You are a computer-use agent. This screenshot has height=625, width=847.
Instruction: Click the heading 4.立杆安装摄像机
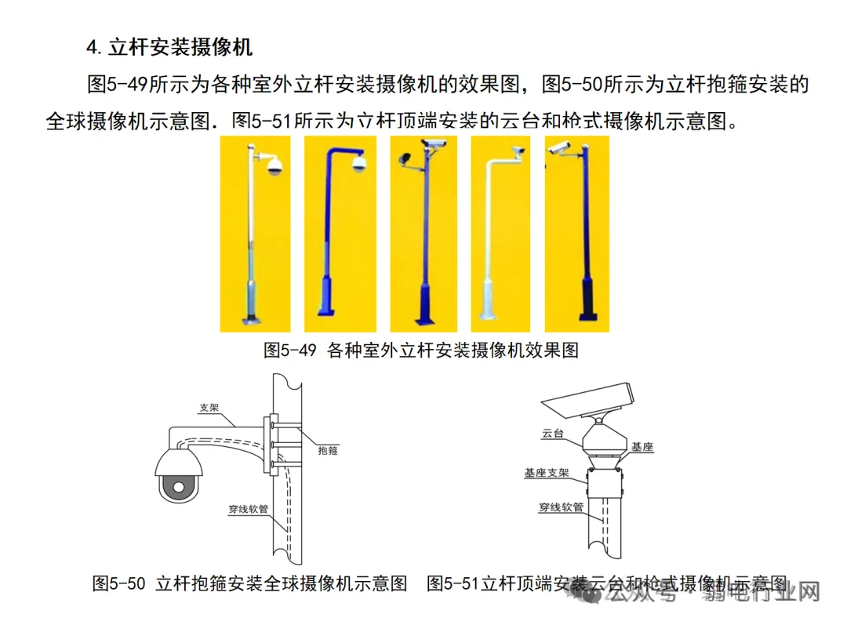169,47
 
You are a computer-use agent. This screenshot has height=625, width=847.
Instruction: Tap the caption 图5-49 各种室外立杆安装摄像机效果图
421,350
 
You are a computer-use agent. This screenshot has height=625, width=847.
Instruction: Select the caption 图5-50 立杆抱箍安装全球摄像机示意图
250,583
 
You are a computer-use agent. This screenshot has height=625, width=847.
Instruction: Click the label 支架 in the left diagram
209,408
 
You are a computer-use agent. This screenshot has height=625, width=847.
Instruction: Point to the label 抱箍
329,451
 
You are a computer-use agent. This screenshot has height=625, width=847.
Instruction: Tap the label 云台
552,433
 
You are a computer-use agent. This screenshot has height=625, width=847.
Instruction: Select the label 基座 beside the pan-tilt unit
642,447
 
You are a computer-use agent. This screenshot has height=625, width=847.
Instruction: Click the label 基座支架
547,474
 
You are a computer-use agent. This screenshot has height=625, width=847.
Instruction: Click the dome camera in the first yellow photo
274,165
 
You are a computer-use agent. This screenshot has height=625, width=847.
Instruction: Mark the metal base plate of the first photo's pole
251,319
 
